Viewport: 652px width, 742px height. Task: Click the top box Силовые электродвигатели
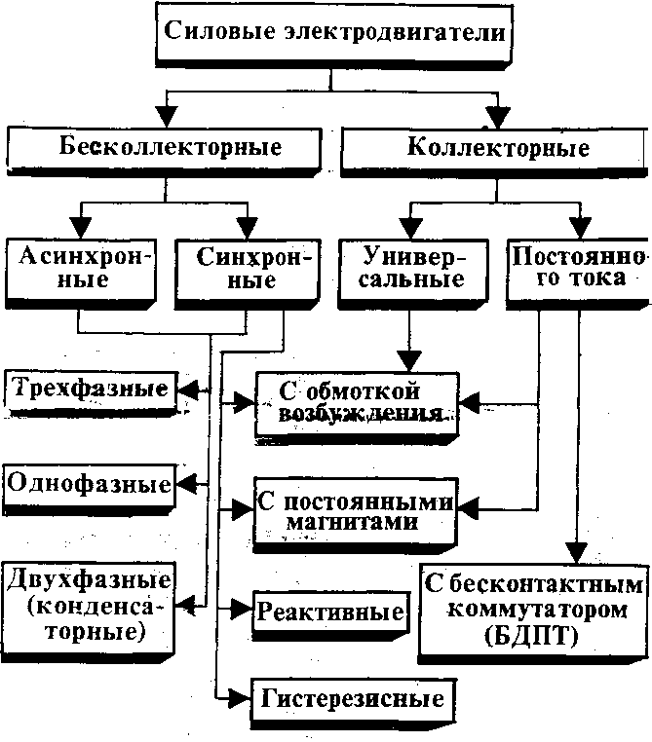coord(331,32)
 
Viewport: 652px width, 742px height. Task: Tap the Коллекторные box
coord(497,149)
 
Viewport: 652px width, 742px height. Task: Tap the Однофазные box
coord(90,484)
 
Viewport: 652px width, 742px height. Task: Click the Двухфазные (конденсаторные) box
coord(90,605)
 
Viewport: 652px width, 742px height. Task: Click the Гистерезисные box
coord(352,698)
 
